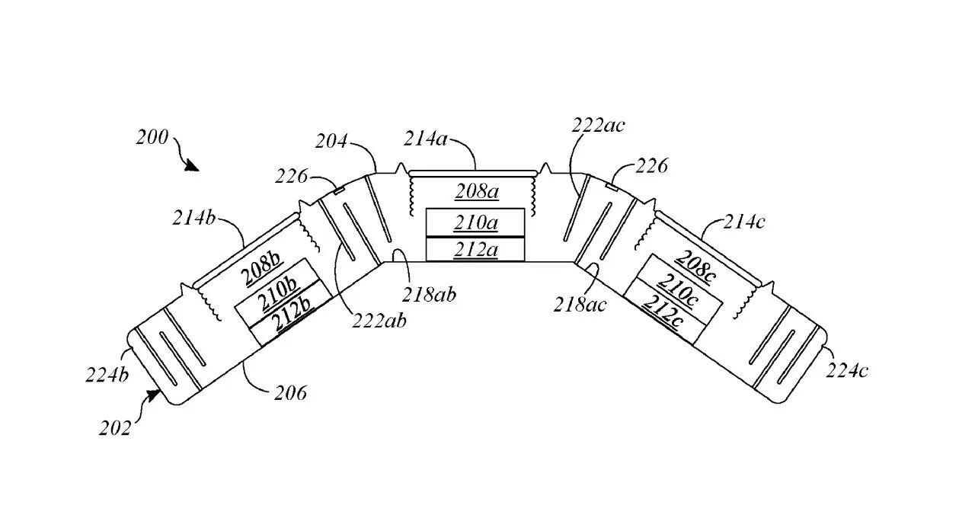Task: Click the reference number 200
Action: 152,138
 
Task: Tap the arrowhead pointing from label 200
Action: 191,165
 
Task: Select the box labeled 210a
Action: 475,222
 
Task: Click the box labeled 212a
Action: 475,249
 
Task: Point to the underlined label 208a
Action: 477,191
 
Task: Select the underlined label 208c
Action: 695,266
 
